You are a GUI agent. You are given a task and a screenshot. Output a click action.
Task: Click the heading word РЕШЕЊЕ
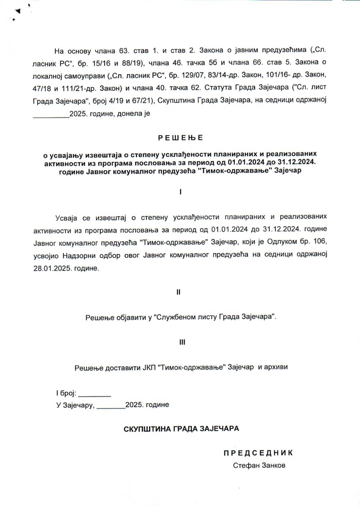180,138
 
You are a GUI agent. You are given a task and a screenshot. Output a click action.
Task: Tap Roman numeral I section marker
180,192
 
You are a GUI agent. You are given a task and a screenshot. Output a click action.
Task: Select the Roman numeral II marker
179,292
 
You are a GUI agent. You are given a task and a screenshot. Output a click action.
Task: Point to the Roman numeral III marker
182,342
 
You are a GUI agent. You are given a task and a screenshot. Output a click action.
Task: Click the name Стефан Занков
259,466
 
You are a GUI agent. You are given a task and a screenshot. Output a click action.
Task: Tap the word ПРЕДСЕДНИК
258,453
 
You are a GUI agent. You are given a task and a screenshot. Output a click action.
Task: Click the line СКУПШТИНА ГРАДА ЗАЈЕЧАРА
181,428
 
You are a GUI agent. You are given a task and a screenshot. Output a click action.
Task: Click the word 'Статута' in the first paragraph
218,87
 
